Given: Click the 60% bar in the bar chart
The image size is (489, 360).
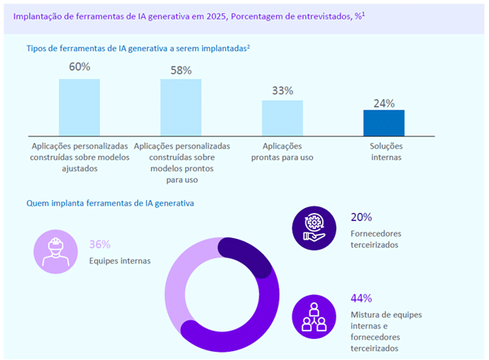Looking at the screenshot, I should point(79,107).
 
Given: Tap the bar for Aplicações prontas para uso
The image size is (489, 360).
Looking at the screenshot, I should point(282,118).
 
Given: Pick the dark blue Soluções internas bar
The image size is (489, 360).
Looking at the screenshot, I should point(383,123).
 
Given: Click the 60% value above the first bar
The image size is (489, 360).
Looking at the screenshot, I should point(79,67).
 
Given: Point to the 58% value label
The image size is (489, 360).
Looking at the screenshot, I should point(180,70).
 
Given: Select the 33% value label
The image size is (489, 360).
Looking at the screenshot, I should point(282,90).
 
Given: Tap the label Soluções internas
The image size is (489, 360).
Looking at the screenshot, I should point(383,151).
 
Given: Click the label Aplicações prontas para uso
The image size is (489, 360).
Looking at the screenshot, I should point(282,151).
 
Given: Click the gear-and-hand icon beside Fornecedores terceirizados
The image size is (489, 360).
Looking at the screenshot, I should point(313,226).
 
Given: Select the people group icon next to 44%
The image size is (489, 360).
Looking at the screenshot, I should point(313,314).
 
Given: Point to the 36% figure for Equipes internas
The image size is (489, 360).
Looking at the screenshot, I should point(99,244).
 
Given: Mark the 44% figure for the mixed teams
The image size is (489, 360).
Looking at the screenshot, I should point(361,297).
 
